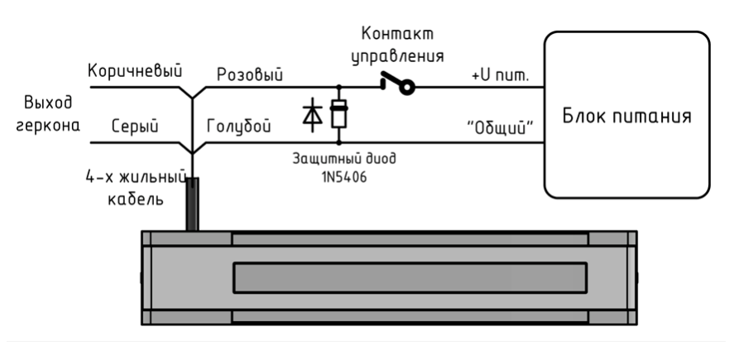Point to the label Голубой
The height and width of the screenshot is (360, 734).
pyautogui.click(x=239, y=126)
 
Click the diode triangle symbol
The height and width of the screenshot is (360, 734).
pyautogui.click(x=313, y=115)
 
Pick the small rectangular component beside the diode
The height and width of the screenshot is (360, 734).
pyautogui.click(x=338, y=115)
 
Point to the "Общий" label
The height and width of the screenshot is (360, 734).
pyautogui.click(x=500, y=126)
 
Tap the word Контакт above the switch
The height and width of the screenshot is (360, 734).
pyautogui.click(x=398, y=35)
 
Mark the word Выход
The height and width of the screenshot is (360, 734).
pyautogui.click(x=49, y=105)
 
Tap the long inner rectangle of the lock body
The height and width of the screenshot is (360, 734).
pyautogui.click(x=410, y=276)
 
